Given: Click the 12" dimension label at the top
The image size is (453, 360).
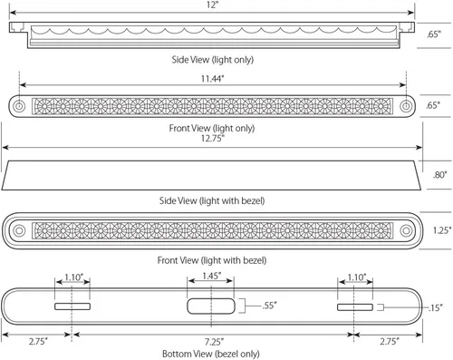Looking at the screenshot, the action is pyautogui.click(x=212, y=5).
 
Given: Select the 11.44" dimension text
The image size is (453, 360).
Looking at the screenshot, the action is pyautogui.click(x=213, y=79).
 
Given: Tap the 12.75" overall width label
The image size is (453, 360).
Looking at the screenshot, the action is pyautogui.click(x=213, y=139).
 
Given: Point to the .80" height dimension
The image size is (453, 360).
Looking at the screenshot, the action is pyautogui.click(x=439, y=175).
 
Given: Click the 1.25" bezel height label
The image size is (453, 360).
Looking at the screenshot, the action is pyautogui.click(x=442, y=230).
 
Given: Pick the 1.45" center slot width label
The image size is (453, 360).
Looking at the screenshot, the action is pyautogui.click(x=212, y=276).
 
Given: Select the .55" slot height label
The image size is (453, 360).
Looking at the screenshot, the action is pyautogui.click(x=269, y=306).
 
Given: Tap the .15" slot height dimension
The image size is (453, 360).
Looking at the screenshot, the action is pyautogui.click(x=435, y=307).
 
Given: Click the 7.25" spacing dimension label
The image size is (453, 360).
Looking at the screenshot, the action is pyautogui.click(x=214, y=342).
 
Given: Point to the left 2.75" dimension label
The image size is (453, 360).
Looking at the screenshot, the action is pyautogui.click(x=38, y=342).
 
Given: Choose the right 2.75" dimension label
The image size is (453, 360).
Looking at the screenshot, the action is pyautogui.click(x=390, y=342).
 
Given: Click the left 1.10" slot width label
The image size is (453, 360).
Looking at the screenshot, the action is pyautogui.click(x=74, y=277).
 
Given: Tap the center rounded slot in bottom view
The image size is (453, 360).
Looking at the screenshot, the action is pyautogui.click(x=211, y=306).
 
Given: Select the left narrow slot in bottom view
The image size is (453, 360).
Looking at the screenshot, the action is pyautogui.click(x=72, y=306).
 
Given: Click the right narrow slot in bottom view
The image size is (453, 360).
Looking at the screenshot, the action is pyautogui.click(x=355, y=307).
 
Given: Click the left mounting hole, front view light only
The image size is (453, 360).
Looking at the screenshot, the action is pyautogui.click(x=19, y=106).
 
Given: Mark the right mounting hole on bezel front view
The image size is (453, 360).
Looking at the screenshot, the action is pyautogui.click(x=406, y=230).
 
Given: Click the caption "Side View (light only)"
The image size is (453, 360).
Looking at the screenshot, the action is pyautogui.click(x=213, y=60).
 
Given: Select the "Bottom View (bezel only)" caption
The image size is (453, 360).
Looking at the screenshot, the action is pyautogui.click(x=211, y=354).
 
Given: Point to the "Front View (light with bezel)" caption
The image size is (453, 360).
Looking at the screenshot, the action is pyautogui.click(x=212, y=260).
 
